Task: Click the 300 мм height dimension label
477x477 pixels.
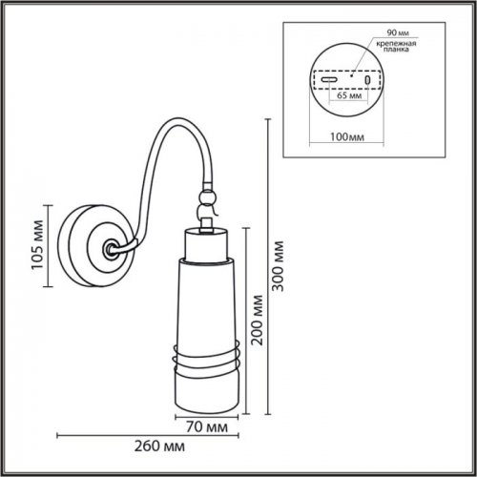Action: (x=279, y=269)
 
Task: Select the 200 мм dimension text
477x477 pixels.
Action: (x=255, y=321)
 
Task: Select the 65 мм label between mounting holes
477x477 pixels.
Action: (x=349, y=96)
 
